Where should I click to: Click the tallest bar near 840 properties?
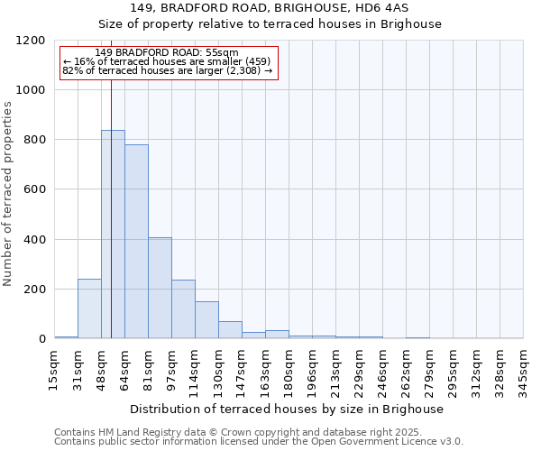coord(113,235)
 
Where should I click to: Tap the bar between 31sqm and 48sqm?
coord(89,308)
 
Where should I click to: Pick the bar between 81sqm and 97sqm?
coord(160,289)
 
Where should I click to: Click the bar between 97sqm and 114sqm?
coord(183,309)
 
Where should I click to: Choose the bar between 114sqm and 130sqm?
coord(206,320)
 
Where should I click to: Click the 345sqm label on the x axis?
coord(523,371)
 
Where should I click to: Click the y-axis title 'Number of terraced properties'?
coord(8,194)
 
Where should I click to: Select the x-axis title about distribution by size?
coord(289,409)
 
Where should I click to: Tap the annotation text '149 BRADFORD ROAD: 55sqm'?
coord(168,52)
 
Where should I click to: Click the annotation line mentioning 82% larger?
coord(168,70)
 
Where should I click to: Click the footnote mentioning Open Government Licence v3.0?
coord(259,442)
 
